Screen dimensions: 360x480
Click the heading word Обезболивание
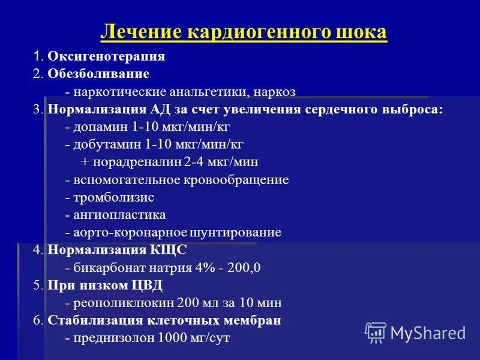[98, 74]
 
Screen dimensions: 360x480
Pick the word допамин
[97, 128]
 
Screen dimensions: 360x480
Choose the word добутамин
[103, 145]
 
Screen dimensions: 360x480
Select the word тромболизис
[113, 197]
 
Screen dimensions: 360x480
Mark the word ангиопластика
[119, 215]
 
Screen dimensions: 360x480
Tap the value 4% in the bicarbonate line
[205, 268]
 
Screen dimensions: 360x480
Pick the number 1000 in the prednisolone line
[170, 338]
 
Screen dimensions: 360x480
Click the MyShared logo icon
[376, 332]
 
